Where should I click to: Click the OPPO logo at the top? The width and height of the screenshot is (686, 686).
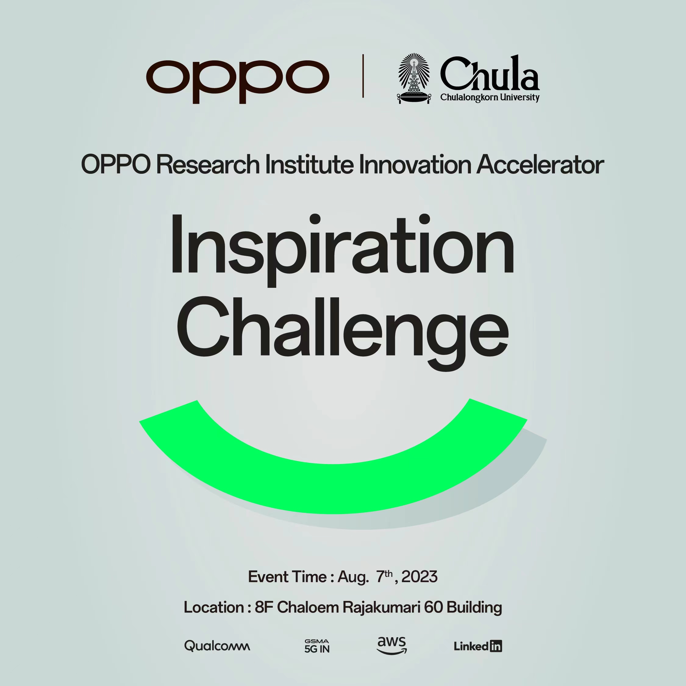pos(238,81)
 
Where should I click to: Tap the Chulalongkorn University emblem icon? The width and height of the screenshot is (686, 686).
pos(414,78)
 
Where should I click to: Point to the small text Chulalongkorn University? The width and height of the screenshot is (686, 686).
pos(490,97)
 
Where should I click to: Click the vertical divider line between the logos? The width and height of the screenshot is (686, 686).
pos(363,76)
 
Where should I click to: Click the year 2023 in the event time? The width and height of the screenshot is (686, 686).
pos(419,577)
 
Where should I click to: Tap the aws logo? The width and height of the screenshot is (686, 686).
pos(392,645)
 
